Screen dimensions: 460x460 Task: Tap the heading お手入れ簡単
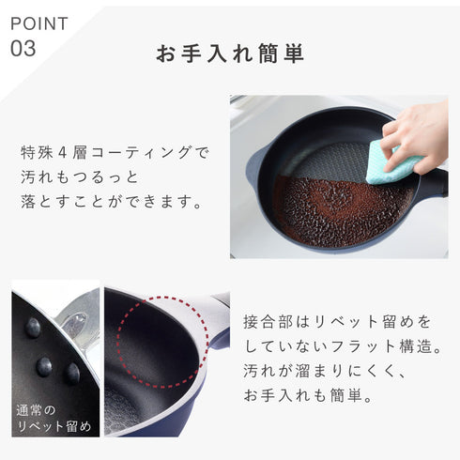tap(229, 53)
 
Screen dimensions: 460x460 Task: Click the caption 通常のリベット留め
tap(54, 419)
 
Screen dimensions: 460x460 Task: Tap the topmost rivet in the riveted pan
tap(34, 327)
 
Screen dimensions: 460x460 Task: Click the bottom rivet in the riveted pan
tap(72, 373)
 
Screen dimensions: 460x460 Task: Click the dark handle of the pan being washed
tap(434, 181)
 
